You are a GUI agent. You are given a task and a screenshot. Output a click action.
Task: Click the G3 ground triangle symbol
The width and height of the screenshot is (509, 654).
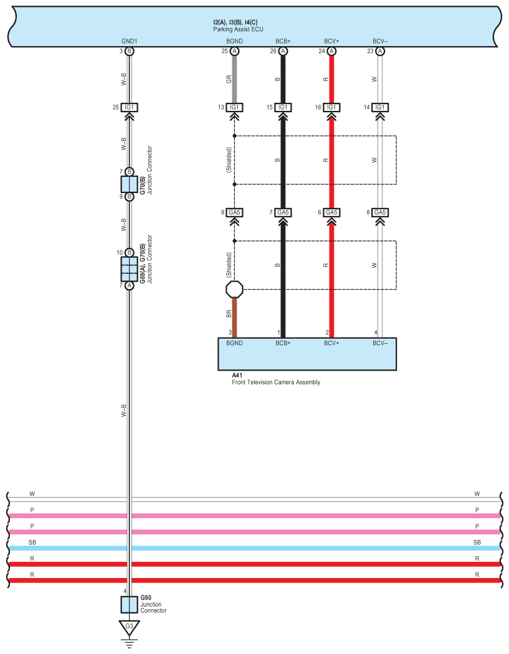coord(129,626)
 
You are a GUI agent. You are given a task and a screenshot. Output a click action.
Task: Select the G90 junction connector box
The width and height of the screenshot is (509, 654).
coord(129,605)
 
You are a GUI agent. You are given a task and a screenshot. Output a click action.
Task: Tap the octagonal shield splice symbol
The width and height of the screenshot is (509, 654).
coord(235,289)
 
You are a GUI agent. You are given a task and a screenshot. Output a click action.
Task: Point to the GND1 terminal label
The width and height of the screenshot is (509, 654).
coord(129,42)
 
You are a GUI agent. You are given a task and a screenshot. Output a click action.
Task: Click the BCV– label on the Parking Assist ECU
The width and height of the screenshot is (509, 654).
coord(379,42)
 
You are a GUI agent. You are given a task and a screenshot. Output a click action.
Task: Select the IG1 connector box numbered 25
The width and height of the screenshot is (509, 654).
coord(129,107)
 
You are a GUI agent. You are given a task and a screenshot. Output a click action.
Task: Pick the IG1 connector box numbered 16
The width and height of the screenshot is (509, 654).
coord(331,107)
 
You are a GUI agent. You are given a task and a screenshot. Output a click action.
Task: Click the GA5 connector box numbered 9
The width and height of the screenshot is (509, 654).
coord(235,212)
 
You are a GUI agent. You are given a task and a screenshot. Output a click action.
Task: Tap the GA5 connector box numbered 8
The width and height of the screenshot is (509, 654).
coord(379,212)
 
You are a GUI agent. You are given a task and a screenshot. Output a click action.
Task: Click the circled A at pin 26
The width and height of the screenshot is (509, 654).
coord(283,51)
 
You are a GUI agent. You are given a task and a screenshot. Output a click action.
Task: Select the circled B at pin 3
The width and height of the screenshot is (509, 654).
coord(129,51)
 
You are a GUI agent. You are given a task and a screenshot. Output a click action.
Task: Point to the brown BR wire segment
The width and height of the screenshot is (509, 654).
coord(235,317)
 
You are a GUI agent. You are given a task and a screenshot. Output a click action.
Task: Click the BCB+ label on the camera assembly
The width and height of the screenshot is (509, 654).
coord(283,343)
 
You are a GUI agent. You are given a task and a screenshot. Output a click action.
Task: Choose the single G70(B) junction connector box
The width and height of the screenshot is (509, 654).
coord(129,184)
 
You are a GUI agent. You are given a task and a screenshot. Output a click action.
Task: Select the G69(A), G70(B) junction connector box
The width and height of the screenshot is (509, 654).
coord(129,269)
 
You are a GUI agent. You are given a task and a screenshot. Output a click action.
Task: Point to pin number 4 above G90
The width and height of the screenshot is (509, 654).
coord(125,591)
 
